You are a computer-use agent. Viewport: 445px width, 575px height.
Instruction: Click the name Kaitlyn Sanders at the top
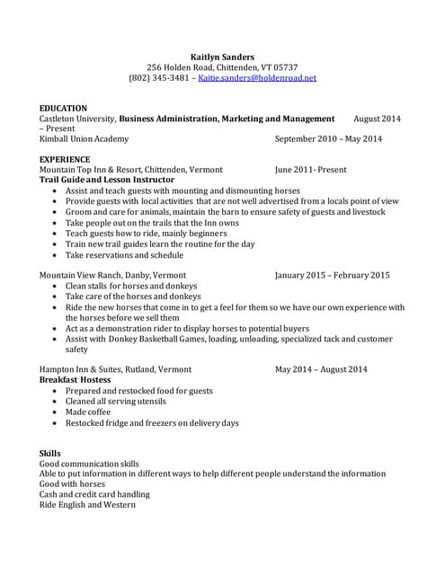[x=222, y=57]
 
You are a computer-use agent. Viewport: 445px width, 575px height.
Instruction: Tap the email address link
[x=257, y=78]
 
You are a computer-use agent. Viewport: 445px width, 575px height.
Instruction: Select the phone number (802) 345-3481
[x=159, y=78]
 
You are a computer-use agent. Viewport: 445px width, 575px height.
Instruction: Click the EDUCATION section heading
[x=63, y=108]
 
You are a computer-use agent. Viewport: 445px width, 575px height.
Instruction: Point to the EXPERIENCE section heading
[x=65, y=159]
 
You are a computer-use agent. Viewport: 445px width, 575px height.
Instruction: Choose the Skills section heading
[x=50, y=453]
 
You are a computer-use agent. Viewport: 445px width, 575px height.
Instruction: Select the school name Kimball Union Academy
[x=84, y=139]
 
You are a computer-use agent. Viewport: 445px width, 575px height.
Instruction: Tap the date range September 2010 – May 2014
[x=328, y=139]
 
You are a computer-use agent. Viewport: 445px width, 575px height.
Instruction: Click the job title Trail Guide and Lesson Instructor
[x=107, y=180]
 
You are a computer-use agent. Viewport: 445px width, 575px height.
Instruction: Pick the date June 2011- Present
[x=310, y=170]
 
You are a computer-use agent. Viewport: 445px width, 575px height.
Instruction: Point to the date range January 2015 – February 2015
[x=332, y=275]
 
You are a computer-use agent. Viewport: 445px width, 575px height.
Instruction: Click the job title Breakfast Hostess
[x=76, y=380]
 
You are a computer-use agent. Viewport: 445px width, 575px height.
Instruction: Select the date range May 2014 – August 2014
[x=321, y=369]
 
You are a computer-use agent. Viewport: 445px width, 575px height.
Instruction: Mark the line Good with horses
[x=72, y=484]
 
